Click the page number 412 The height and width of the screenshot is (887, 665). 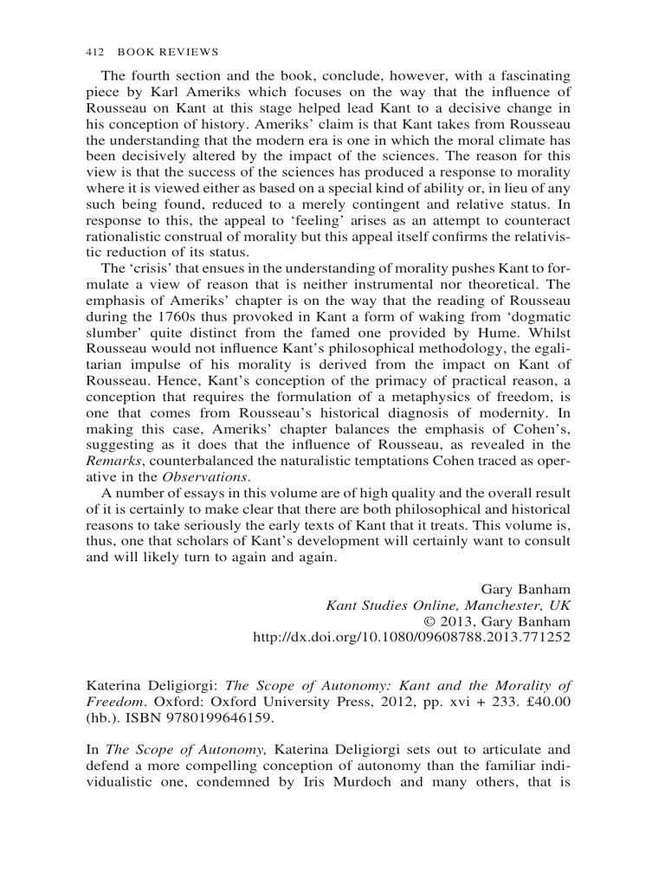[x=96, y=51]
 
